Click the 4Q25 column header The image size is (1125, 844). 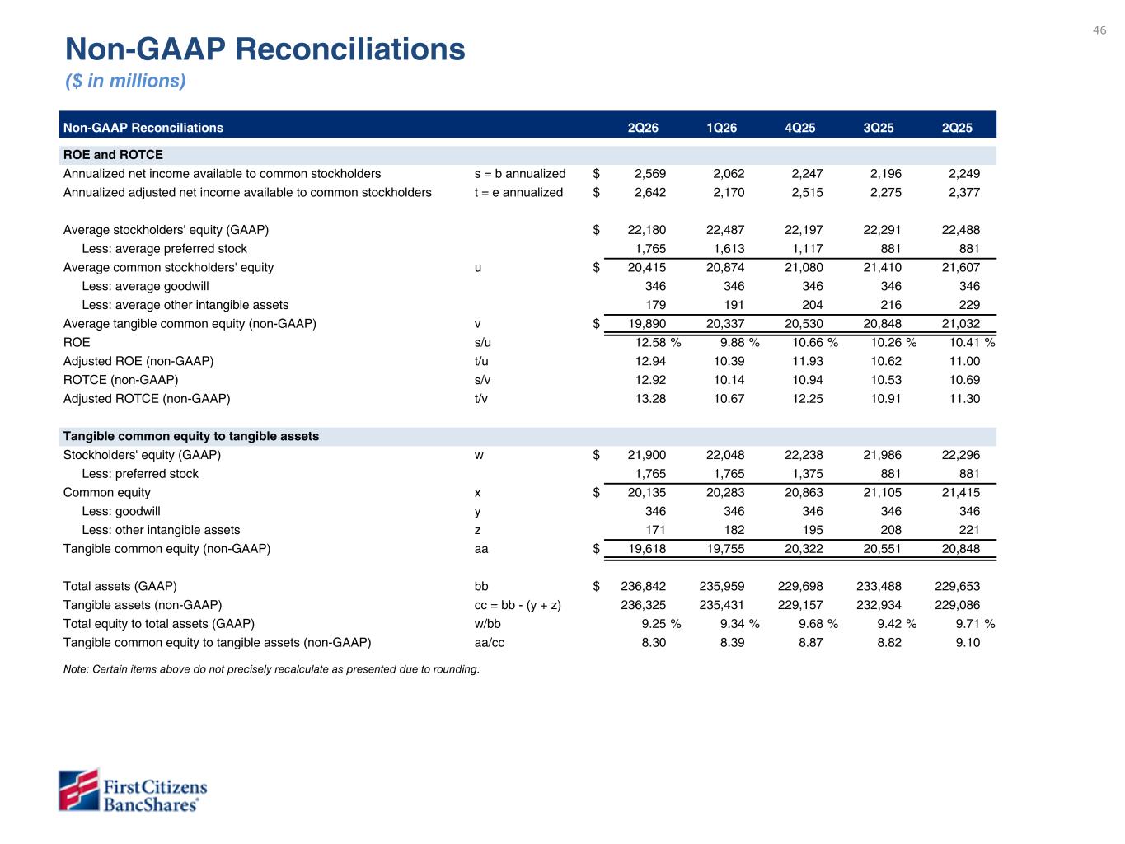click(799, 128)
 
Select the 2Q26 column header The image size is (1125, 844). click(643, 128)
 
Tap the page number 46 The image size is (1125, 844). click(1099, 30)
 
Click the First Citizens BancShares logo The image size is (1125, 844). click(133, 790)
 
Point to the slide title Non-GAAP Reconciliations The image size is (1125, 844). click(265, 49)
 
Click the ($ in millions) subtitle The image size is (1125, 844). click(125, 81)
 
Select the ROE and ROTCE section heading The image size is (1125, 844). click(113, 155)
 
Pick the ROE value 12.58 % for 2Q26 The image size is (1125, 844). click(658, 342)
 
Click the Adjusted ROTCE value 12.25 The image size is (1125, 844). click(807, 399)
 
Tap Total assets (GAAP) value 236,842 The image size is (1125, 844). click(643, 586)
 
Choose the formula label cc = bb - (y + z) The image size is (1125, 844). click(518, 605)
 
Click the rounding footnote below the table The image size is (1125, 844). click(271, 669)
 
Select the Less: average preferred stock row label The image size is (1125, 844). click(164, 249)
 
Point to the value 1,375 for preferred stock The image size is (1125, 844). click(807, 474)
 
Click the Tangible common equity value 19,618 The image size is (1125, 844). click(647, 549)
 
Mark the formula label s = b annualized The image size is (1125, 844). click(520, 174)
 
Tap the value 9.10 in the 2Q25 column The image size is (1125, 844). click(968, 643)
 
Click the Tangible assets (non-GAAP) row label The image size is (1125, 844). click(143, 605)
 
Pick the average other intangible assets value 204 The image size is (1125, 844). click(813, 305)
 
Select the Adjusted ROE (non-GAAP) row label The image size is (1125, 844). click(138, 361)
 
